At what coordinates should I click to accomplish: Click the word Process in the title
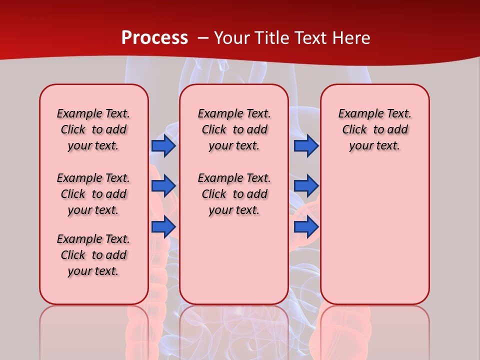(x=154, y=38)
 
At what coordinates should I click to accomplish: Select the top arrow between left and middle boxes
(x=163, y=145)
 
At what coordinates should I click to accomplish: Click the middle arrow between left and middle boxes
(x=163, y=186)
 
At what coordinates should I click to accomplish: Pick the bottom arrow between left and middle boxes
(x=163, y=227)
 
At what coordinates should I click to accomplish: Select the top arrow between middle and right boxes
(x=306, y=145)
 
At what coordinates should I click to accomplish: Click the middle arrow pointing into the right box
(x=306, y=186)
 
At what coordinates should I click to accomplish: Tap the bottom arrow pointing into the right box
(x=306, y=227)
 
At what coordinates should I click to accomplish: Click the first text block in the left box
(x=93, y=129)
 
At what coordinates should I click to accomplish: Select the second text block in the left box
(x=93, y=194)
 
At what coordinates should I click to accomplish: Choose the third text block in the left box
(x=93, y=255)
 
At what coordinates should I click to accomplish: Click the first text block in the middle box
(x=234, y=129)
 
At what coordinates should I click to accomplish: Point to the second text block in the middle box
(x=234, y=194)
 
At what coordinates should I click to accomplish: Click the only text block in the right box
(x=375, y=129)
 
